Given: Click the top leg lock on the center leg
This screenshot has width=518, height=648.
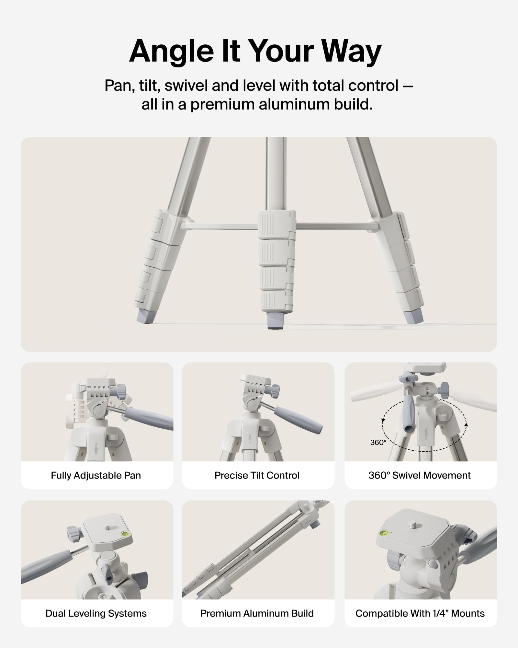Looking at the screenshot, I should click(x=276, y=224).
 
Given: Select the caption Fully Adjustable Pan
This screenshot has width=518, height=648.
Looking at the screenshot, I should click(x=96, y=475).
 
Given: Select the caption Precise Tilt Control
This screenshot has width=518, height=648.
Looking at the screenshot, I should click(x=257, y=475).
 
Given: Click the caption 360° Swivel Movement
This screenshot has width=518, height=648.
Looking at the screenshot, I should click(x=419, y=475).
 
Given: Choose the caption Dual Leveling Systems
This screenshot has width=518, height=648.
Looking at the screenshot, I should click(x=96, y=613).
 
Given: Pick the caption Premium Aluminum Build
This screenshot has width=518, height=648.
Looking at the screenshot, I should click(x=257, y=613).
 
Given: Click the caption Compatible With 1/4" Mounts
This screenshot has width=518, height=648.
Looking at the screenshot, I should click(x=420, y=613).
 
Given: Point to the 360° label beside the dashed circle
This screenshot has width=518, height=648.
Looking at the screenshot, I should click(x=378, y=443).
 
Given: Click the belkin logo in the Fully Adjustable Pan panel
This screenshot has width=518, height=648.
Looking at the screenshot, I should click(x=96, y=448).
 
